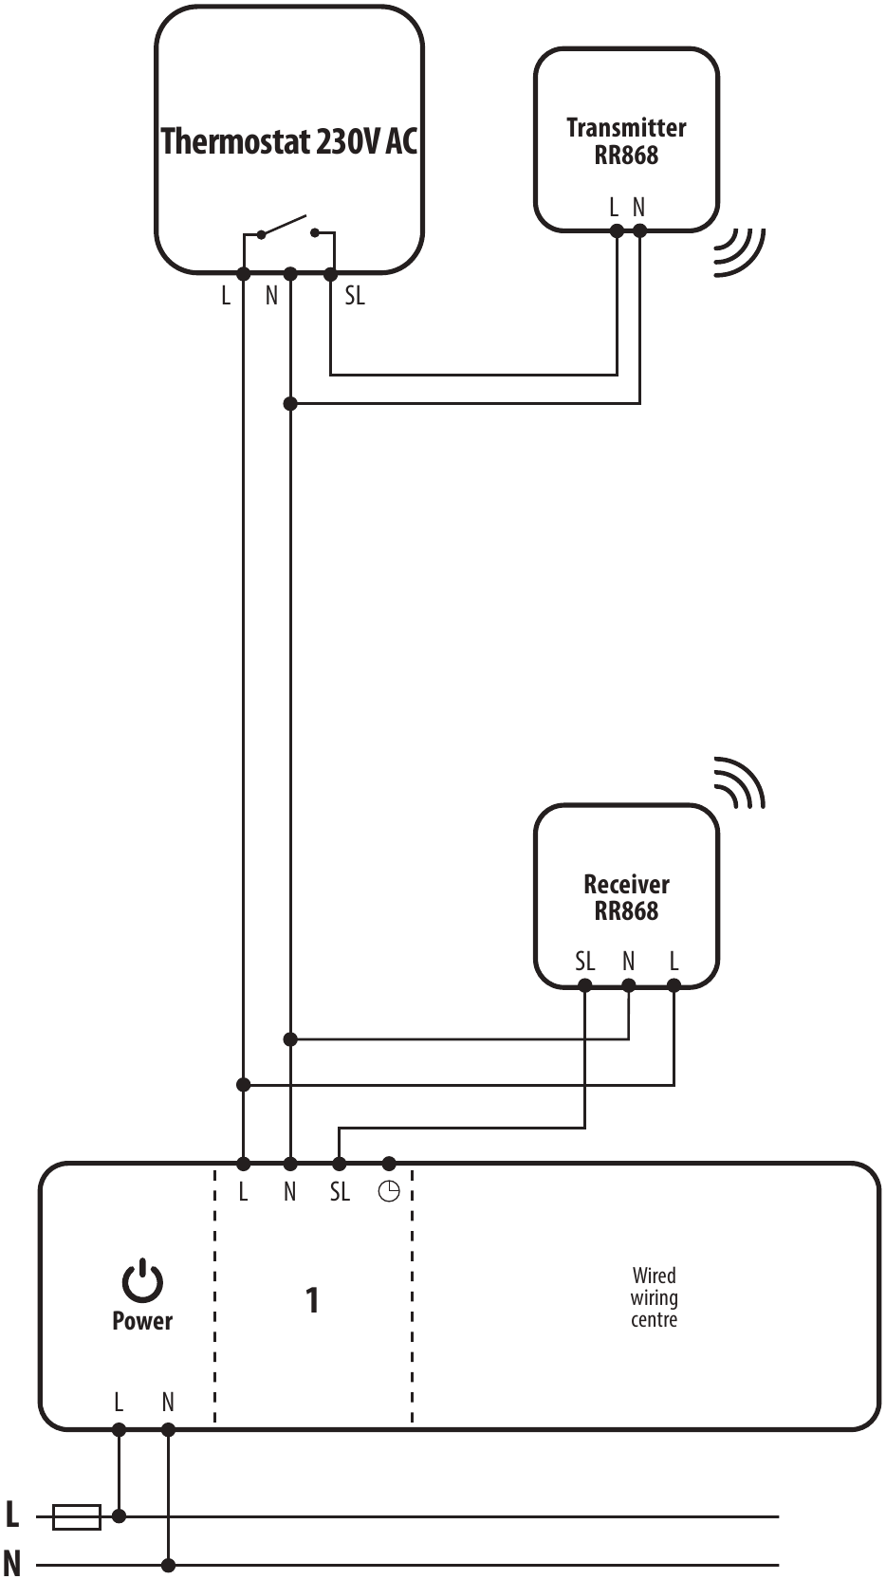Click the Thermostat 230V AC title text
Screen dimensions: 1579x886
288,141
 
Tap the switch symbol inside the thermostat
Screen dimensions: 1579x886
288,229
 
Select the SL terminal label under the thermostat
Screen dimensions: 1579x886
354,296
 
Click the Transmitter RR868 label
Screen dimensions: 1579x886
626,141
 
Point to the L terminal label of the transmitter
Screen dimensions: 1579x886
615,207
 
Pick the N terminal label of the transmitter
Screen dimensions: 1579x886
638,207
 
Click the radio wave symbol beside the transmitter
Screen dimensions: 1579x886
739,251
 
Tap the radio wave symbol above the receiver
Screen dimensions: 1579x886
739,782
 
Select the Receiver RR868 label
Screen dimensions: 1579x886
626,898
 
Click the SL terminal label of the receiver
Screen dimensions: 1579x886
584,962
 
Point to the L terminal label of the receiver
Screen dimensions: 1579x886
674,962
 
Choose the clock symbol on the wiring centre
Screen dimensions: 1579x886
389,1192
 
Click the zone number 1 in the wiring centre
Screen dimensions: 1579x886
312,1300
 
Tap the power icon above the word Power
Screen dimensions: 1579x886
142,1280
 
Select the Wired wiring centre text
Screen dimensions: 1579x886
654,1297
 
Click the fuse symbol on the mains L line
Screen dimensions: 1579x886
76,1516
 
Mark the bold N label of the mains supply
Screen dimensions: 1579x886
12,1562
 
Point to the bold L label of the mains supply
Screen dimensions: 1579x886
12,1515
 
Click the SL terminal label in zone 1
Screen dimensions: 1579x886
340,1192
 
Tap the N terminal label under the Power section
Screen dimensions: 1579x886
168,1402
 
